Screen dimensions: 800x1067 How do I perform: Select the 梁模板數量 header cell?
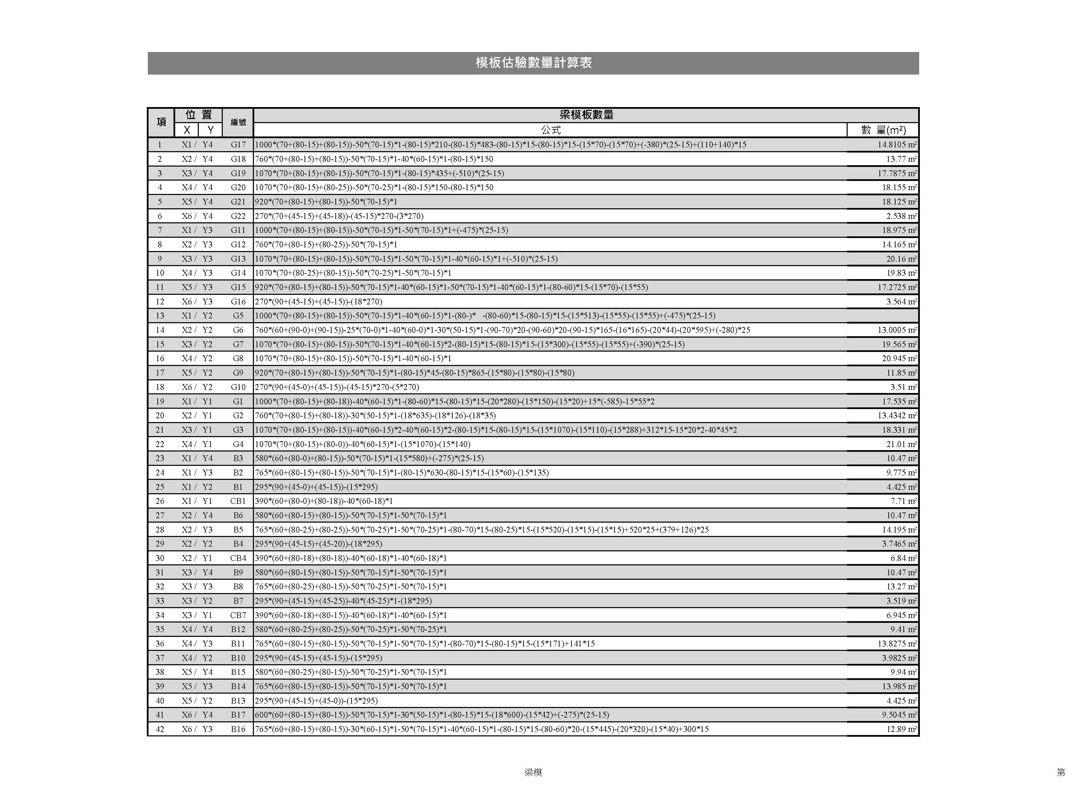(x=586, y=115)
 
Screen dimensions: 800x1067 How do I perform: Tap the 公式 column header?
(x=550, y=130)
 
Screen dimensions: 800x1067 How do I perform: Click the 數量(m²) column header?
(x=883, y=130)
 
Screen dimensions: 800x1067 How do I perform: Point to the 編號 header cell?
(x=238, y=122)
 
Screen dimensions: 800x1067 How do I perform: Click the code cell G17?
(x=238, y=145)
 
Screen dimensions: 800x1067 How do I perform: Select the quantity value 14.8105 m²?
(x=896, y=145)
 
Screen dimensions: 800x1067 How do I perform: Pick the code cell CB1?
(x=238, y=501)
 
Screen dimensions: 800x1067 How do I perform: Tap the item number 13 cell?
(x=160, y=316)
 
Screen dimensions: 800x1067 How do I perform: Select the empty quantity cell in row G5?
(x=883, y=316)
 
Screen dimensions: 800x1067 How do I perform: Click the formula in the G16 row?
(x=318, y=301)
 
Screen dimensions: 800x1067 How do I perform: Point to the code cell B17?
(x=238, y=714)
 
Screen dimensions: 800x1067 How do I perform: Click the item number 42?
(x=160, y=729)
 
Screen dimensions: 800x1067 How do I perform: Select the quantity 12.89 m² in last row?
(x=901, y=729)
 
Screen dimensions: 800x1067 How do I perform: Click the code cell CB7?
(x=238, y=615)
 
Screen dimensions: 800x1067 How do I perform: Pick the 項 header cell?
(x=161, y=122)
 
